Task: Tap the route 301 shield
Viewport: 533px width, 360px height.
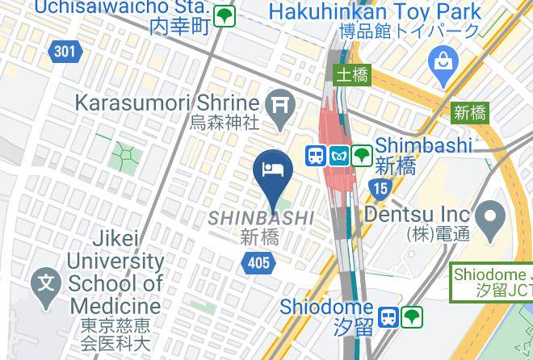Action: pos(65,52)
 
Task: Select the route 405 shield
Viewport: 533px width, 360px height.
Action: pos(258,262)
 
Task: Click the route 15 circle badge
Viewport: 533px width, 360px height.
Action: pos(380,189)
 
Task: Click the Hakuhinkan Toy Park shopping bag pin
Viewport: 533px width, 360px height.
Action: pos(443,61)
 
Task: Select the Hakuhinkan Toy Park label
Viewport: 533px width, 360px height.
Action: pos(375,13)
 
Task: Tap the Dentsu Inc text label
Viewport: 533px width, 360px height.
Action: pos(417,215)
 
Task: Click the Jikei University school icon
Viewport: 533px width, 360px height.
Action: pos(47,283)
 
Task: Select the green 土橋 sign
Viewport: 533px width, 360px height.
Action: pos(352,76)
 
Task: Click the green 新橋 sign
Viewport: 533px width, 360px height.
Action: pos(469,112)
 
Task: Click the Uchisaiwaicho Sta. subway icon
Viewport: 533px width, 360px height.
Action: pos(225,15)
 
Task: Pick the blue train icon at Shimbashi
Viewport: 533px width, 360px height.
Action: pos(316,155)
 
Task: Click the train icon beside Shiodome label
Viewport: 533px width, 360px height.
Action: pos(389,316)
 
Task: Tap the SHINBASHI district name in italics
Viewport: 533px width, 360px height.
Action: pos(261,218)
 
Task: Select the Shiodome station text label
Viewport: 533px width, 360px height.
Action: pos(326,308)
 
